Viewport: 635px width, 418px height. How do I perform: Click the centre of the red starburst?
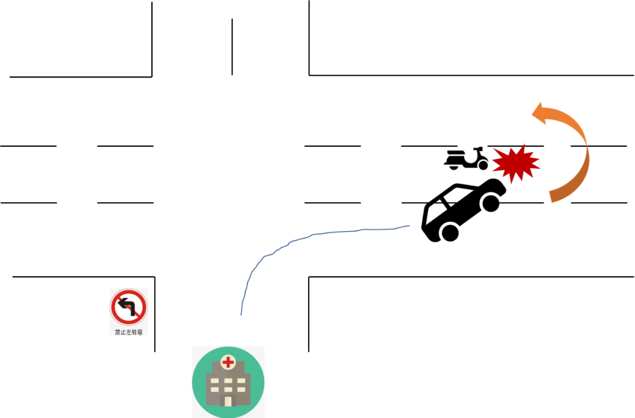(516, 164)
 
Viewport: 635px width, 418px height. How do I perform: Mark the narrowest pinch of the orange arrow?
(586, 145)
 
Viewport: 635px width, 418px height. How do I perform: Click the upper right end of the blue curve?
(409, 225)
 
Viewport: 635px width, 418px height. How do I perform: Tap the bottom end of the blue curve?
(241, 315)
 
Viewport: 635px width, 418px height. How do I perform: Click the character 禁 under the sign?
(118, 332)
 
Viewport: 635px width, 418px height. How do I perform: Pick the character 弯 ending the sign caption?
(139, 332)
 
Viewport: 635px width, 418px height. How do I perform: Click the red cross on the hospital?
(228, 362)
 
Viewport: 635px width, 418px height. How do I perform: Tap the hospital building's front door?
(228, 401)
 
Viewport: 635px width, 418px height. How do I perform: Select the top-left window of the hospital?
(215, 381)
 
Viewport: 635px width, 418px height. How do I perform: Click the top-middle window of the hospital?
(228, 381)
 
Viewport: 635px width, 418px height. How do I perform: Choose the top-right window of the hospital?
(241, 381)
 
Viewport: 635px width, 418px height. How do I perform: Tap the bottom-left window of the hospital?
(215, 389)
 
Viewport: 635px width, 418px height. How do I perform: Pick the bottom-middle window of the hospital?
(228, 389)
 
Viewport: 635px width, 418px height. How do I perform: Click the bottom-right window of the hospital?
(241, 389)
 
